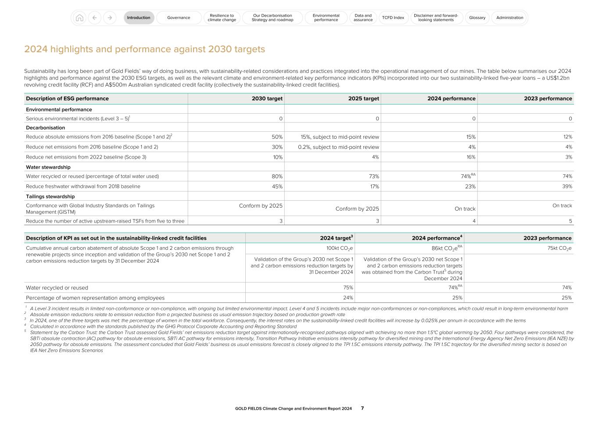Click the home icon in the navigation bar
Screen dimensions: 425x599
[79, 18]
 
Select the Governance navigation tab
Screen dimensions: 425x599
[179, 18]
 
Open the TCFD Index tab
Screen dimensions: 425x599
[393, 18]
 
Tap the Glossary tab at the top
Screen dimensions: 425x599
[477, 18]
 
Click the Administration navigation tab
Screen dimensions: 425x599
[509, 18]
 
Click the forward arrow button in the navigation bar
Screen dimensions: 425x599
[110, 18]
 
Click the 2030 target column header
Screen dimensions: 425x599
[267, 98]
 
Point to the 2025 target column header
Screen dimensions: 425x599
[363, 98]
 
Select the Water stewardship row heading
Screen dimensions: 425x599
[48, 167]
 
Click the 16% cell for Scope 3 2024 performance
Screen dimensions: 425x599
[471, 157]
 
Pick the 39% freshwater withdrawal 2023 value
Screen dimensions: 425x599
[567, 186]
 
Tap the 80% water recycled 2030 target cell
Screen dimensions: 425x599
[277, 176]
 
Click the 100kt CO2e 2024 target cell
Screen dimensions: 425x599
[340, 249]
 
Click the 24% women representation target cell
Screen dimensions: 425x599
[348, 298]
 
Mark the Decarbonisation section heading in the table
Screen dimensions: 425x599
[45, 128]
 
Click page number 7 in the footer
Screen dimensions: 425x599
[362, 408]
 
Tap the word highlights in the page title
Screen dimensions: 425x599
[72, 49]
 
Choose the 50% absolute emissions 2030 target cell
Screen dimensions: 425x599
[277, 137]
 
